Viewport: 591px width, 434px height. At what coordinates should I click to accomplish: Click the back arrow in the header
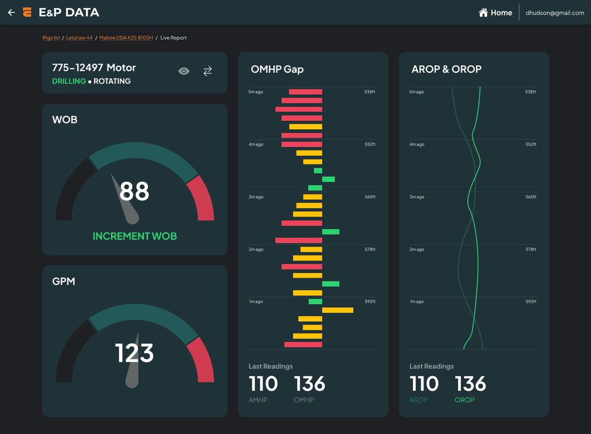12,13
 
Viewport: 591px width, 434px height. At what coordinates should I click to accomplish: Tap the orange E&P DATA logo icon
27,13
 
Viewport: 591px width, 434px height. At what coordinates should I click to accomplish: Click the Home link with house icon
495,13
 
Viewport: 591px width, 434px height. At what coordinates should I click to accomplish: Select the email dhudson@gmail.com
555,13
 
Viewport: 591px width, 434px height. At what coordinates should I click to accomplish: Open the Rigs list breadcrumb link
51,38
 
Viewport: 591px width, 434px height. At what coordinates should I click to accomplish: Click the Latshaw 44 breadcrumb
79,38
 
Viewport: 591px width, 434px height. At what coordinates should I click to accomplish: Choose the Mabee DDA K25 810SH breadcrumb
126,38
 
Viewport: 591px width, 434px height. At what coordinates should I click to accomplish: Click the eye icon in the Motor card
184,71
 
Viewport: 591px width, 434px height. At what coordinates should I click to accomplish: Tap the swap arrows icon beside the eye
208,71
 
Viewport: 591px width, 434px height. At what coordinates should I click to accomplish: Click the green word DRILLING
69,81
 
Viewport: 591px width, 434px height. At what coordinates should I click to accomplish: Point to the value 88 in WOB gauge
134,191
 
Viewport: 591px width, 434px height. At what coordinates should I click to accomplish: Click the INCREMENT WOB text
134,236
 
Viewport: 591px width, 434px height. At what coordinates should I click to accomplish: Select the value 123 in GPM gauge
134,353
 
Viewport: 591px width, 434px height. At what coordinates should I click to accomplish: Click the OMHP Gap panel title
277,69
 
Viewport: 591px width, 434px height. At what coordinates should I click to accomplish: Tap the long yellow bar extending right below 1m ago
338,310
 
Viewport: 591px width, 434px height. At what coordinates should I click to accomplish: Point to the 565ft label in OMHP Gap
370,197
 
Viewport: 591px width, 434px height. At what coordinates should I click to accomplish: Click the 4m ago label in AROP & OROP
417,144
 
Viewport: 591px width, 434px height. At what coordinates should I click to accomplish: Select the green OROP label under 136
465,400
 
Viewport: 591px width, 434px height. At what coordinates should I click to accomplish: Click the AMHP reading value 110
263,384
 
